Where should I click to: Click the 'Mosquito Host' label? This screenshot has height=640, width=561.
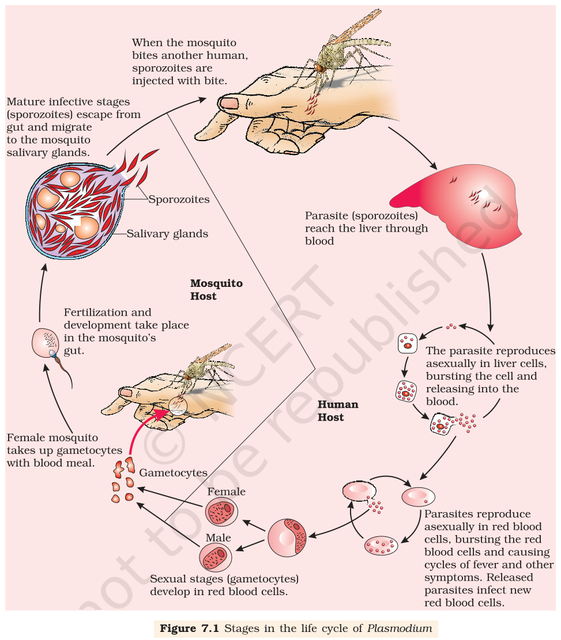click(216, 289)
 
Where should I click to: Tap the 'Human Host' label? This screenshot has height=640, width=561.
click(337, 411)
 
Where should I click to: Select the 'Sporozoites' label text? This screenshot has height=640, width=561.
click(179, 199)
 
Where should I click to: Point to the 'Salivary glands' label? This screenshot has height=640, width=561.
click(167, 233)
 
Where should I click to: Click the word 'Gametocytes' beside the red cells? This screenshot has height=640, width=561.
click(173, 472)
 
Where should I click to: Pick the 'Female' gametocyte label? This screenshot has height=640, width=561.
click(227, 491)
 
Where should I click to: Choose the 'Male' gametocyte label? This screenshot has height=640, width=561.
click(218, 537)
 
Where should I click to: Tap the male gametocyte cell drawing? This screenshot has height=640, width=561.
click(215, 557)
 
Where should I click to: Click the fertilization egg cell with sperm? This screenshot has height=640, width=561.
click(46, 343)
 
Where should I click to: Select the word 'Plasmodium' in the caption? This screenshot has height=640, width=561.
click(399, 628)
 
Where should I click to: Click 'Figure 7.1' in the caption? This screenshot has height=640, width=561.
click(190, 628)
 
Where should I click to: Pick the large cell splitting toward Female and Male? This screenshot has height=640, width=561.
click(287, 538)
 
